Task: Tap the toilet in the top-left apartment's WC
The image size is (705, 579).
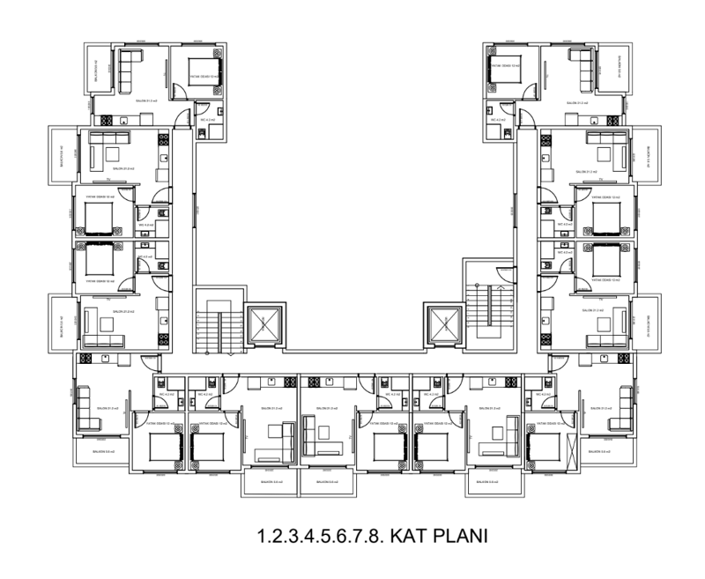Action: click(x=202, y=133)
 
